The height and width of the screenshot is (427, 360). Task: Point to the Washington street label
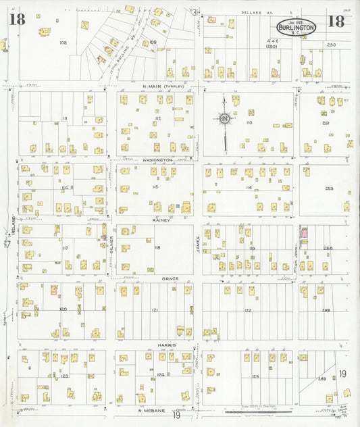157,160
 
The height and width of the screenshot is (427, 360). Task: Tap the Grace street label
168,278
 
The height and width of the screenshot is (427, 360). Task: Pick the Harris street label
168,345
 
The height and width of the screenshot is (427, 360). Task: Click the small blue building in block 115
177,205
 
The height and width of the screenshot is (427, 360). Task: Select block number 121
155,310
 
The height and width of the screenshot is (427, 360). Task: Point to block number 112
157,119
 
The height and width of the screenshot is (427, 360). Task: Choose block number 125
255,376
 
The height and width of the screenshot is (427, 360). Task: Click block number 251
325,123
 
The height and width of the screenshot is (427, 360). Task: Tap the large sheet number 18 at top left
17,19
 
